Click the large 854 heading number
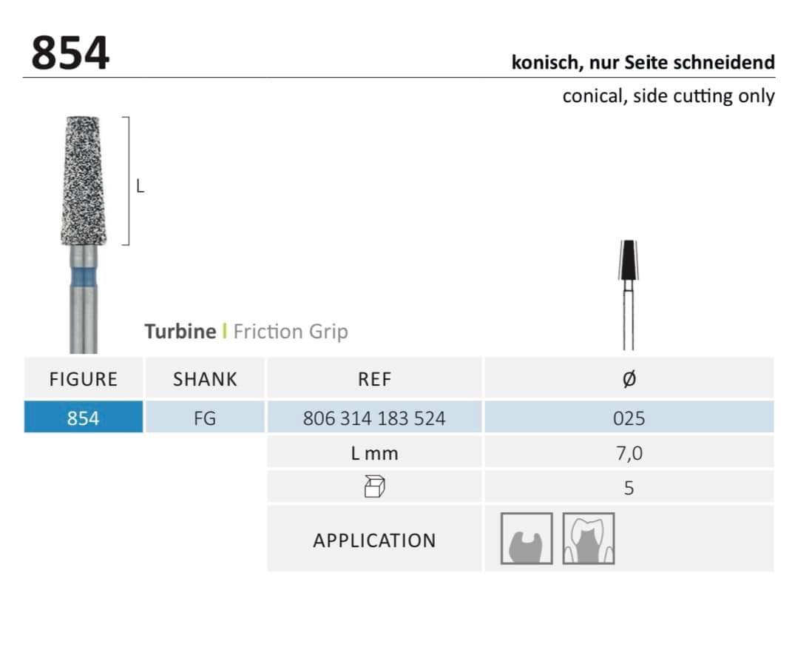[70, 53]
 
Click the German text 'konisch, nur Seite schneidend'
[643, 62]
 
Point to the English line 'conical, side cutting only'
[669, 96]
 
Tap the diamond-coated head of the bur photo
[84, 181]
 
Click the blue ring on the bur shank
[83, 278]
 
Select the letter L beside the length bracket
[140, 187]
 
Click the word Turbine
[180, 332]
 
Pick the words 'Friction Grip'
[291, 332]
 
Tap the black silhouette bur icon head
[628, 260]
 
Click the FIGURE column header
[83, 379]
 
